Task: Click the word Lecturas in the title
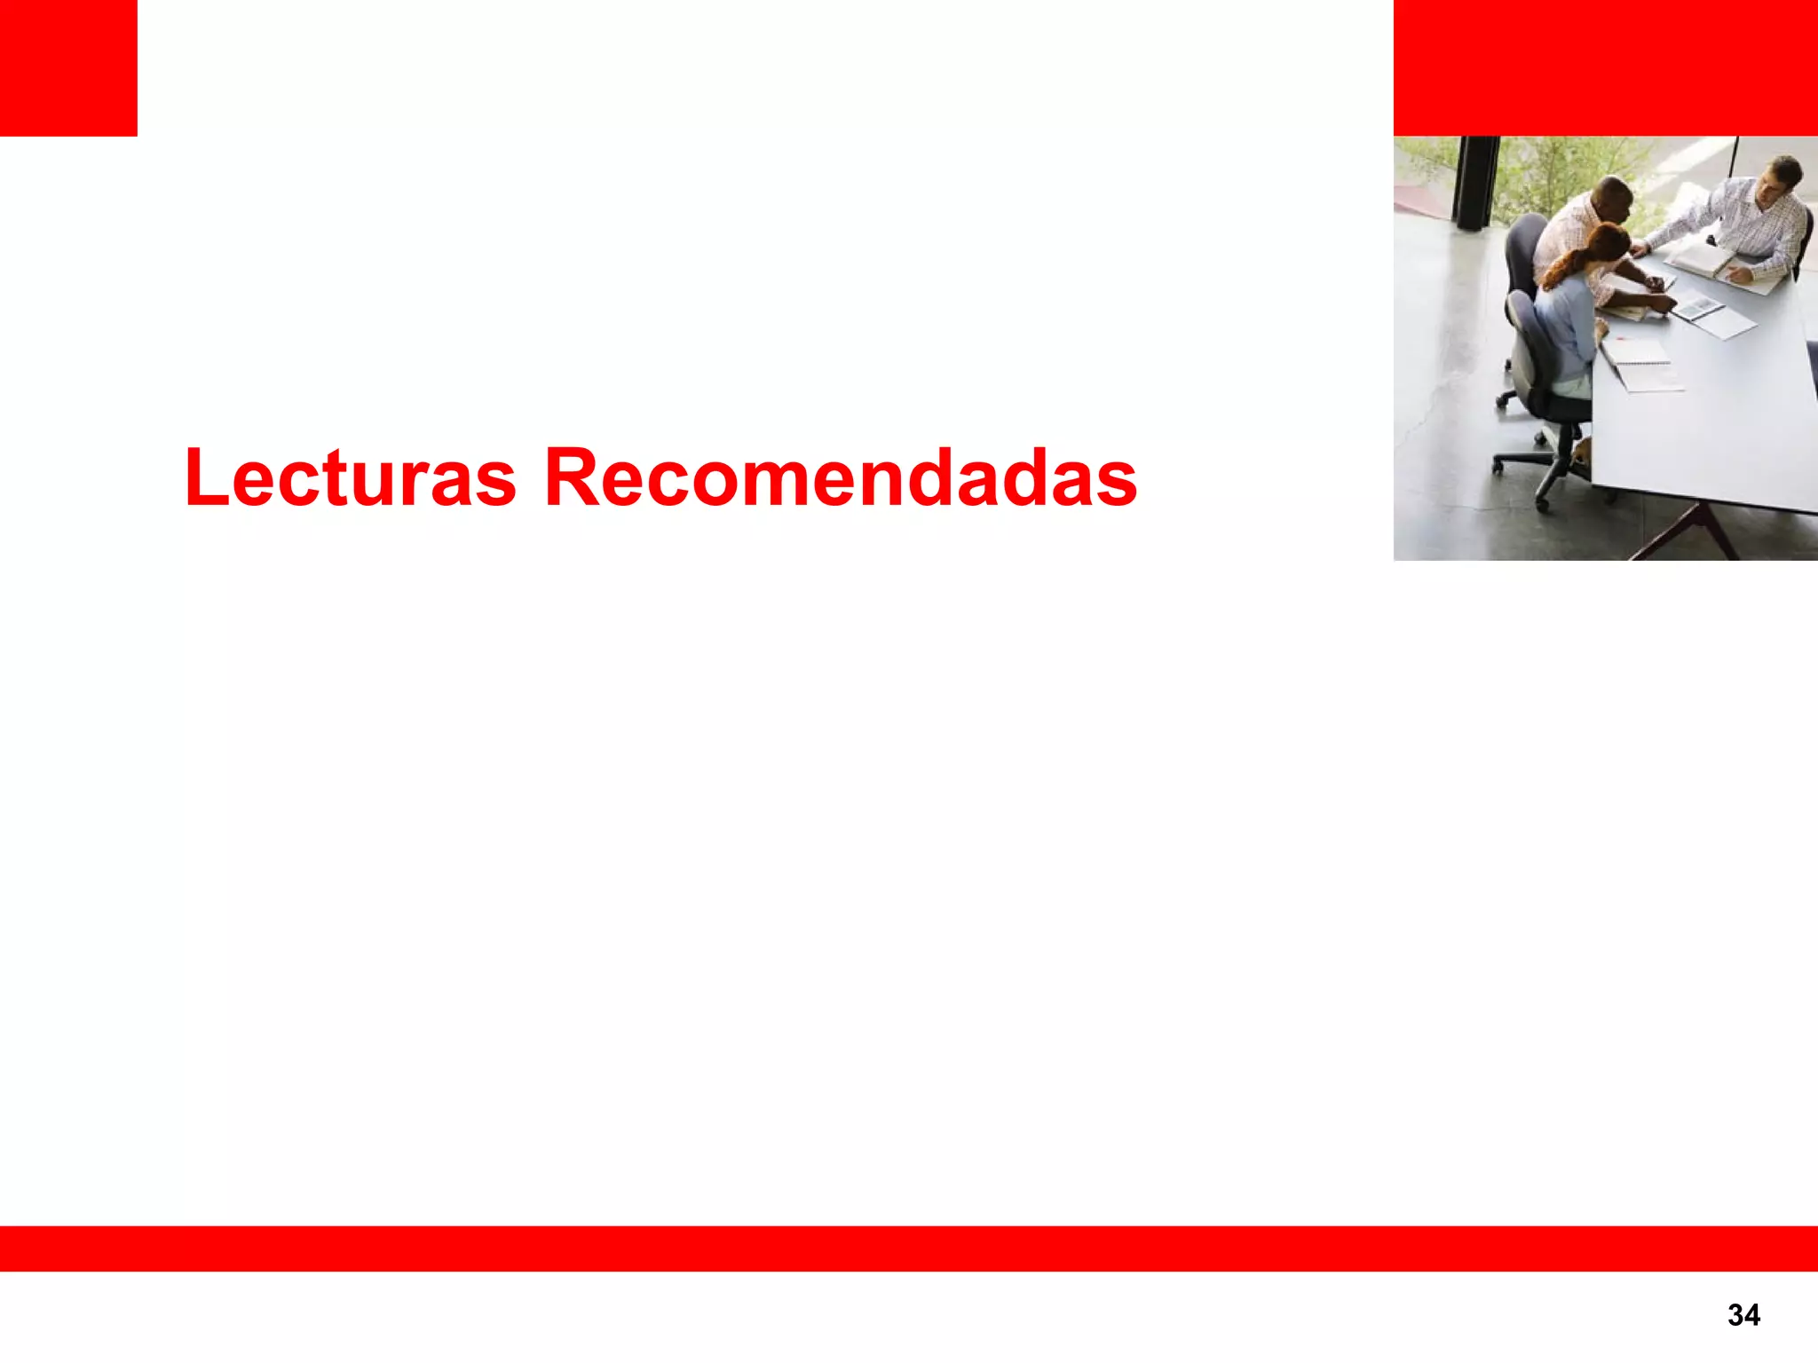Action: (350, 478)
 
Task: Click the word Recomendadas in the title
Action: (840, 478)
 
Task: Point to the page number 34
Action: (1743, 1314)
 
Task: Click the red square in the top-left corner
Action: (68, 67)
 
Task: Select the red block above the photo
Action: (1605, 67)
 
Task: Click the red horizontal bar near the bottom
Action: (909, 1248)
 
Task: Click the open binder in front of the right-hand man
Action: (1709, 263)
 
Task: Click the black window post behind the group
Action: (1474, 182)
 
